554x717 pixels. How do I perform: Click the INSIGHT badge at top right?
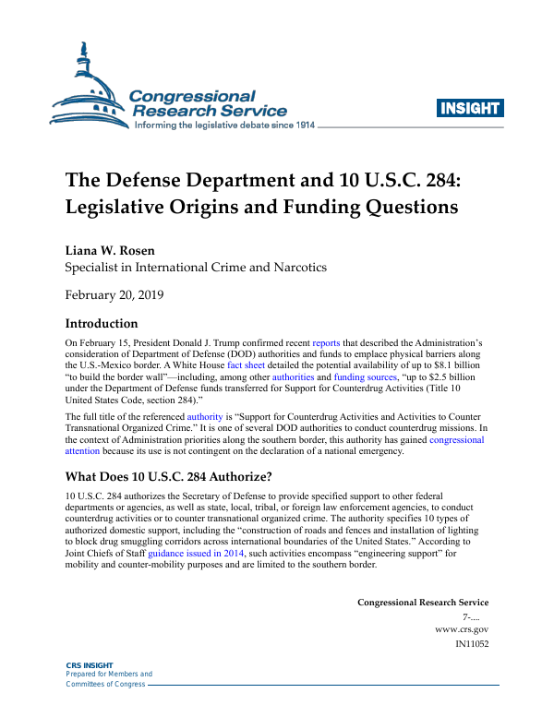click(470, 109)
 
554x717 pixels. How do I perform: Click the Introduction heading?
click(102, 324)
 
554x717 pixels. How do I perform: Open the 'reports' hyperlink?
click(327, 342)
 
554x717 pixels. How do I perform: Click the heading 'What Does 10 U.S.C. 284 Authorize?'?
click(168, 477)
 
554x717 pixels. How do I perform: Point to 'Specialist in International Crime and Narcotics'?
click(195, 269)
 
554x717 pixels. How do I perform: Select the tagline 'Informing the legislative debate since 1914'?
click(225, 125)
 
